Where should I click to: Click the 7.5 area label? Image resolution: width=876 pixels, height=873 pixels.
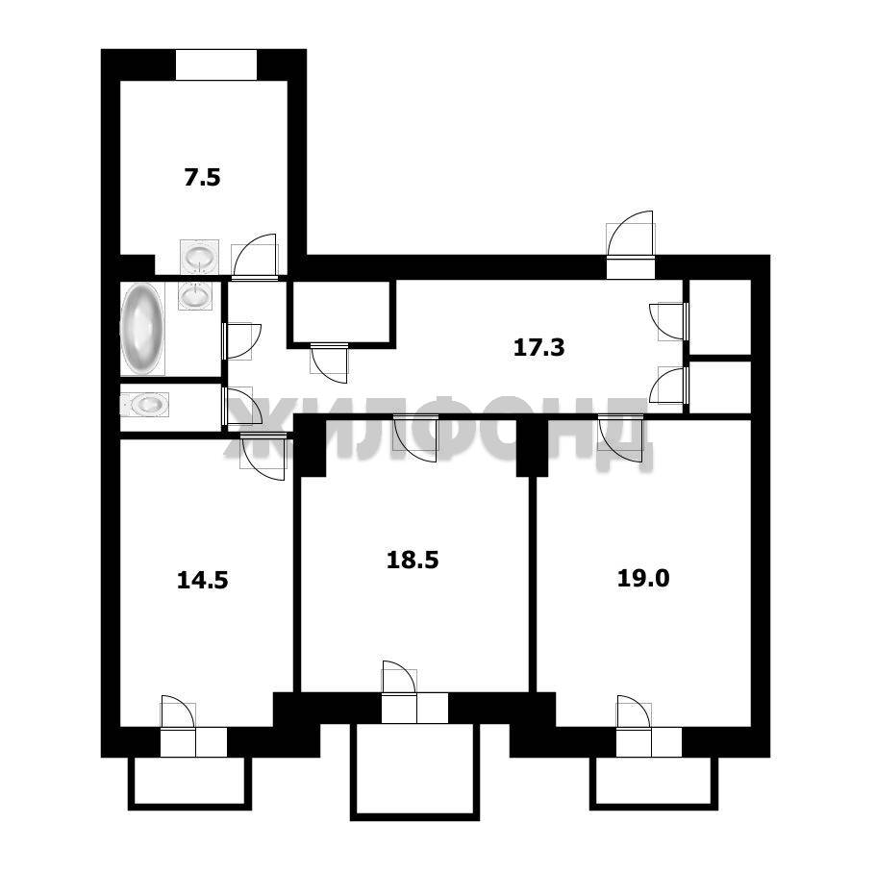(202, 178)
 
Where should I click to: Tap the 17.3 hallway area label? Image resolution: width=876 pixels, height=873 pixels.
(539, 348)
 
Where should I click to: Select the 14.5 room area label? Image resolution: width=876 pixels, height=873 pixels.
(202, 581)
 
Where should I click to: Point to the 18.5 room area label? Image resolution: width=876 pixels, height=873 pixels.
(413, 560)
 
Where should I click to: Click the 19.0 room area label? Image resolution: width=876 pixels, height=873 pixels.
(643, 579)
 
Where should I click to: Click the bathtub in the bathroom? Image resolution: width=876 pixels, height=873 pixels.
(142, 329)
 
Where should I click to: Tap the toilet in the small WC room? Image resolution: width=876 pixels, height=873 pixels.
(144, 404)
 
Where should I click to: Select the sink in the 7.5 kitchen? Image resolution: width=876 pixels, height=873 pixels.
(199, 258)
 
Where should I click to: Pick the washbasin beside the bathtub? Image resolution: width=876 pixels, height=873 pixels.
(195, 294)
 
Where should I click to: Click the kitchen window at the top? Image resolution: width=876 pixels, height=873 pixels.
(216, 65)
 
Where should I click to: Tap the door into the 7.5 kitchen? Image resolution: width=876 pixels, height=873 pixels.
(255, 257)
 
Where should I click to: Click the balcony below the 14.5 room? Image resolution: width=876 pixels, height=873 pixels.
(190, 783)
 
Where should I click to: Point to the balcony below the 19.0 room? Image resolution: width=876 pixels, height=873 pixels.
(654, 783)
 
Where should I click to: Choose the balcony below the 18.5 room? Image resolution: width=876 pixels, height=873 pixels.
(414, 771)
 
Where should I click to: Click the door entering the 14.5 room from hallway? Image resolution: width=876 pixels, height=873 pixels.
(263, 456)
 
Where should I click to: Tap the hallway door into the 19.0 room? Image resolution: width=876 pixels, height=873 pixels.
(620, 437)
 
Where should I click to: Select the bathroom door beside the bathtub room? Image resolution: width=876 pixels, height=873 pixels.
(241, 340)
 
